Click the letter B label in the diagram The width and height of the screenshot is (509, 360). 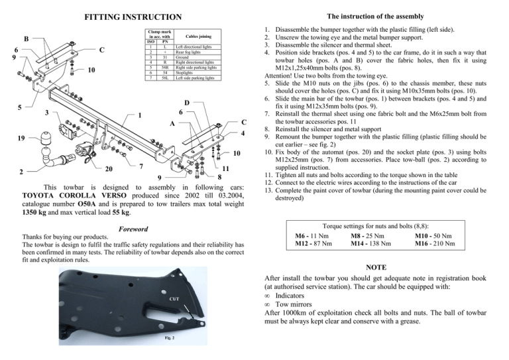[x=27, y=38]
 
